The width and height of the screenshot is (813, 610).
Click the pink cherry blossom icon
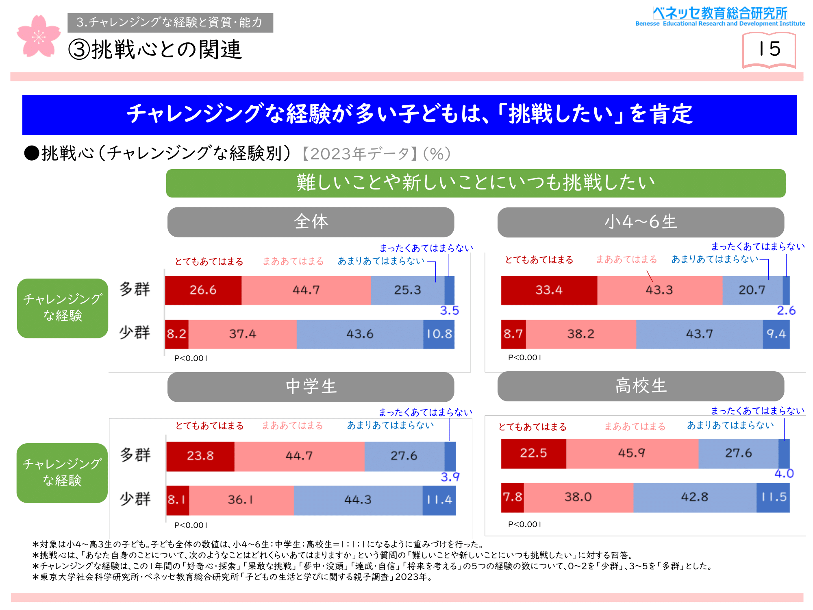[x=39, y=37]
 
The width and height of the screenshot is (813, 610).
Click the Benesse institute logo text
[x=720, y=16]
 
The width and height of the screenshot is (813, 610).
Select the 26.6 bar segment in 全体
[x=203, y=290]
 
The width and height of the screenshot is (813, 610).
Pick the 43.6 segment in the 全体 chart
[x=360, y=334]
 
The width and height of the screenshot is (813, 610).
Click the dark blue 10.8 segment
[x=439, y=334]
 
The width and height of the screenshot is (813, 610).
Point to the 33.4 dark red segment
[x=549, y=290]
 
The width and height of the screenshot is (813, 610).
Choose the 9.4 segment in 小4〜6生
[x=776, y=334]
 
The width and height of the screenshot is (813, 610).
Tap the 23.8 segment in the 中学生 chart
[x=200, y=456]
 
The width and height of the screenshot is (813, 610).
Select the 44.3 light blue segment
[x=358, y=500]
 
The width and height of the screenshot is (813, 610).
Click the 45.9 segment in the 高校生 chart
[x=632, y=453]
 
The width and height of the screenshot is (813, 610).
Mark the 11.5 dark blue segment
[x=773, y=497]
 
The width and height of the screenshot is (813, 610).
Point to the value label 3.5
[x=449, y=311]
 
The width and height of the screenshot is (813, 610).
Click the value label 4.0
[x=784, y=474]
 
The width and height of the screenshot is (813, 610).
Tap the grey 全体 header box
[x=311, y=222]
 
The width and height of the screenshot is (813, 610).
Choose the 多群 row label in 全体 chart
[x=135, y=290]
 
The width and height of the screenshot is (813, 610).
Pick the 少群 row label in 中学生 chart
[x=135, y=499]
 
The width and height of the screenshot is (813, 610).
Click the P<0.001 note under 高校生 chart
[x=524, y=525]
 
